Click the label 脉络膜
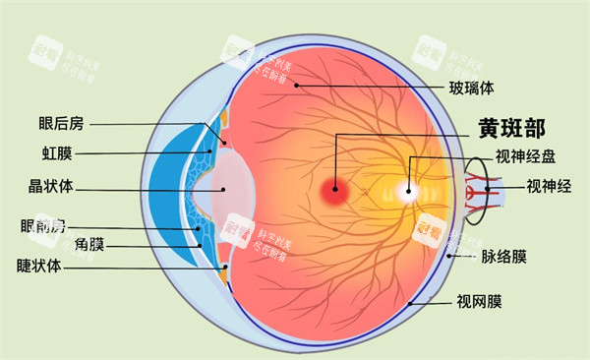pyautogui.click(x=503, y=258)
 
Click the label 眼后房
pyautogui.click(x=62, y=124)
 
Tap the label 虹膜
pyautogui.click(x=57, y=153)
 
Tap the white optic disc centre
pyautogui.click(x=407, y=191)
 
